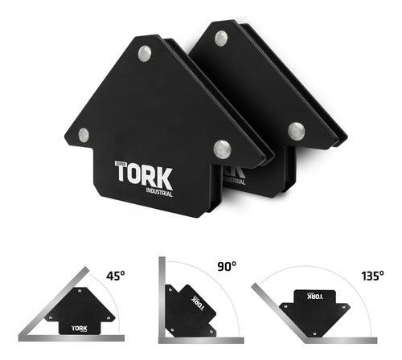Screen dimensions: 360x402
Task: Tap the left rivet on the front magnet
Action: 84,135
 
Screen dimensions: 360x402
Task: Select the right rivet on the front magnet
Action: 222,148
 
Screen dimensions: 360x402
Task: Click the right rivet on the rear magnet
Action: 296,129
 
